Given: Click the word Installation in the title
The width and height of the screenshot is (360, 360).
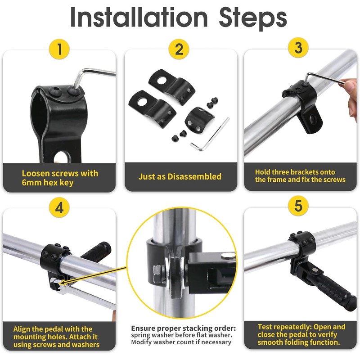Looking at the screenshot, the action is (x=139, y=17).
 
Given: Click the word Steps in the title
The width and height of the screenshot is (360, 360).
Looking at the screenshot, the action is (x=253, y=19).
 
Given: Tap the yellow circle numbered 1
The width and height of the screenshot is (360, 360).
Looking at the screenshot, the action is (x=59, y=49).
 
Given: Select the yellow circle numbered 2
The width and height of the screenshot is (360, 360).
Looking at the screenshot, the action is (x=179, y=49).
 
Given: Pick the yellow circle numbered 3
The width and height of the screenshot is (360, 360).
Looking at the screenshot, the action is (x=298, y=48).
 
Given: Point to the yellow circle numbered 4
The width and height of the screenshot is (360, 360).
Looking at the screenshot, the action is (x=59, y=208).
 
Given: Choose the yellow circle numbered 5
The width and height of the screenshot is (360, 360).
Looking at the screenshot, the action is (x=298, y=206).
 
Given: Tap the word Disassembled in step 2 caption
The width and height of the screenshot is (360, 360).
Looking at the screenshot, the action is (x=194, y=176).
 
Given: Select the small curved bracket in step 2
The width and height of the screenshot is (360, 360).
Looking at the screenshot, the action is (x=198, y=119).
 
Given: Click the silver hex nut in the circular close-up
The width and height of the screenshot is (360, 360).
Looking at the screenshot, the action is (x=158, y=274).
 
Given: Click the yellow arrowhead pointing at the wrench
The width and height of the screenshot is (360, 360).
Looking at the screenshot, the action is (x=63, y=283).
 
